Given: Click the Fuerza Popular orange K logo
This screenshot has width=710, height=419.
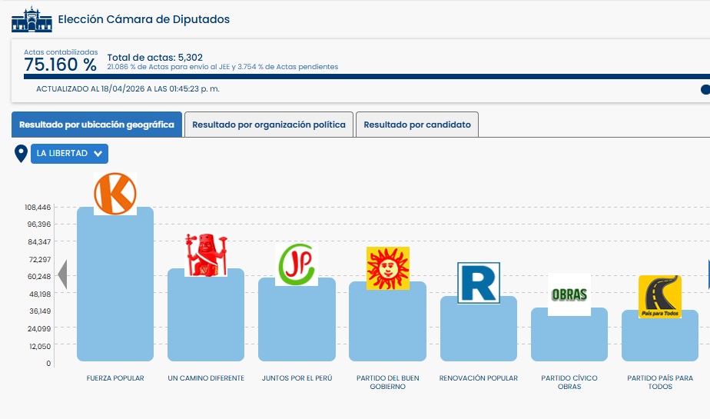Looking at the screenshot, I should coord(114,193).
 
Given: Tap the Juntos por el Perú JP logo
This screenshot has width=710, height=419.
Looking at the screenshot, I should coord(297,264).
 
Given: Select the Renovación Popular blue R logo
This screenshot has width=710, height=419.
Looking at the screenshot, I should coord(478,283).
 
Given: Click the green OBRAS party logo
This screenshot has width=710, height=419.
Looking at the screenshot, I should coord(569,294).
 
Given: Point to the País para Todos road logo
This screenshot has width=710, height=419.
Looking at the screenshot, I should coord(659,297).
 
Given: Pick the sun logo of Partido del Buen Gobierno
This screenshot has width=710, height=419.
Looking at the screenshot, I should coord(387,268).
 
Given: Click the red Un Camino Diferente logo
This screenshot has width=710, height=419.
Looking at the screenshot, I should coord(206,255).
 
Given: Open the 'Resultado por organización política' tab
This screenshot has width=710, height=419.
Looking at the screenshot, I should coord(269,125).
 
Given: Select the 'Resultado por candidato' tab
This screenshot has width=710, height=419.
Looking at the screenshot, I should coord(417,125).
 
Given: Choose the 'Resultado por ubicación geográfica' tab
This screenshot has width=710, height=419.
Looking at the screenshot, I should coord(97,125).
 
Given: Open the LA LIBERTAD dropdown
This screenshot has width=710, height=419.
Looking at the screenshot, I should coord(69,153).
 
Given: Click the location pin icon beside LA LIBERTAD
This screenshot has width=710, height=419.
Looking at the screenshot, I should coord(22,153).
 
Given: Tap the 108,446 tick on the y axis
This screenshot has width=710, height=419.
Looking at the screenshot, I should coord(38,208).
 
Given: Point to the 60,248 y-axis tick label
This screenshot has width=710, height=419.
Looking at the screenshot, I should coord(39,277).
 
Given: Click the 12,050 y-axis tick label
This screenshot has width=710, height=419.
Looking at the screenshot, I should coord(39,346).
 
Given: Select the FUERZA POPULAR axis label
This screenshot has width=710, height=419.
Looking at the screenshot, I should coord(115,378).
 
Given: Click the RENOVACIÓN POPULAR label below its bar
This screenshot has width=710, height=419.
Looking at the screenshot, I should coord(478,378).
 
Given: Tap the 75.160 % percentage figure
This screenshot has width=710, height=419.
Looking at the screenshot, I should coord(60,65).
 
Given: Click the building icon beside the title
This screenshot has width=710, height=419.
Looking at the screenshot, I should coord(32,19).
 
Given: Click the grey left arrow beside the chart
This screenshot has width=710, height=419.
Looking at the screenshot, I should coord(62,274).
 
